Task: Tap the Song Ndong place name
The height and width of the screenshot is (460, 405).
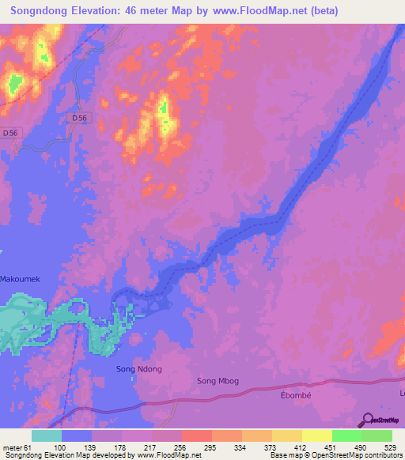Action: point(139,369)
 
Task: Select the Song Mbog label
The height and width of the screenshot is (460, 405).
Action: point(218,382)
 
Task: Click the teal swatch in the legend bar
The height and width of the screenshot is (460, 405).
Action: point(47,435)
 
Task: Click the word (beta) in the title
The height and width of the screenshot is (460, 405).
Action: point(322,11)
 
